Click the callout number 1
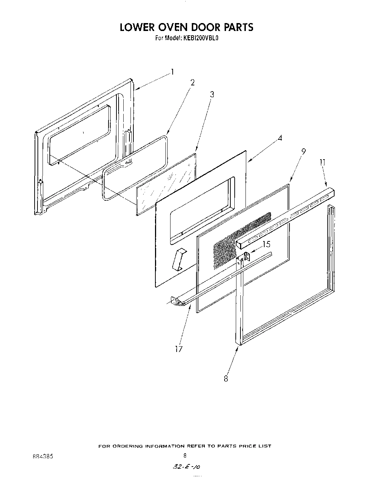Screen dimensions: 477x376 [x=172, y=72]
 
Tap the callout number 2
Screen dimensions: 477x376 [x=193, y=83]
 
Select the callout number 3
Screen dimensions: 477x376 [x=212, y=94]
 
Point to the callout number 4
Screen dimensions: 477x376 [x=280, y=138]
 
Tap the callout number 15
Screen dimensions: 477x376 [x=266, y=244]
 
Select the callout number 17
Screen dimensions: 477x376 [x=179, y=349]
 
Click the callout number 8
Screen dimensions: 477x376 [x=226, y=379]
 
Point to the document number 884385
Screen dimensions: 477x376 [x=43, y=456]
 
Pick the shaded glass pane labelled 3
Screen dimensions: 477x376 [x=166, y=184]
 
